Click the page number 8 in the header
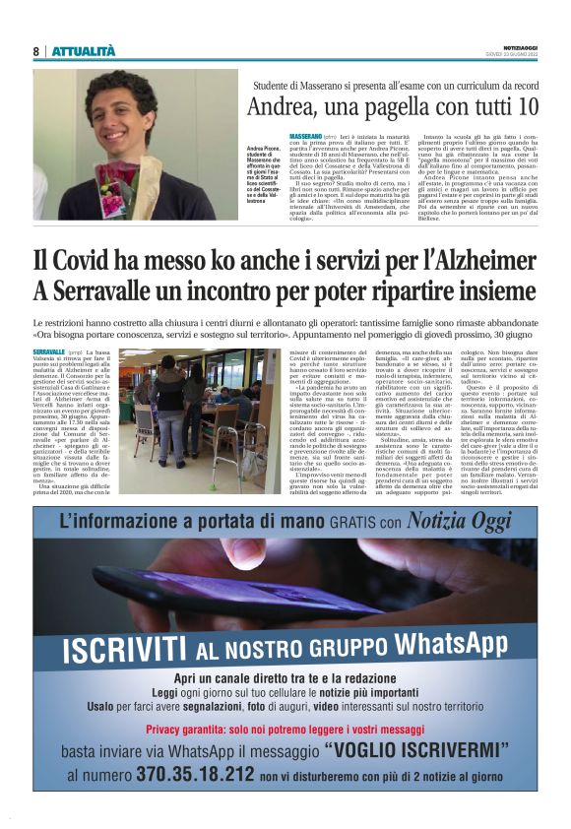tap(35, 51)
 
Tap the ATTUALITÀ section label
tap(84, 51)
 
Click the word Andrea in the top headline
tap(280, 106)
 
